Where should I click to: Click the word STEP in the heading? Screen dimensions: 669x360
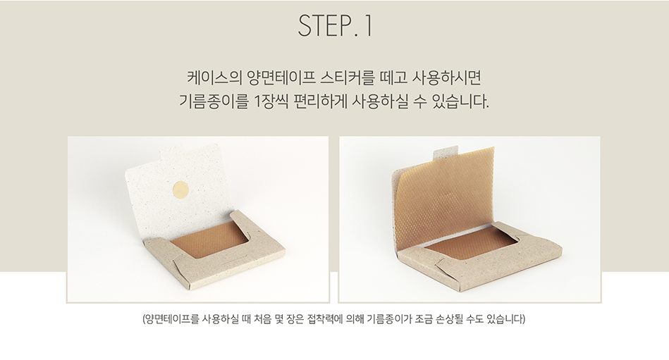click(x=324, y=25)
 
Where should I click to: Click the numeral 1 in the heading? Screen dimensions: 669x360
click(x=369, y=25)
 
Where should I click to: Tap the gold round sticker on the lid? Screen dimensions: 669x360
click(x=180, y=190)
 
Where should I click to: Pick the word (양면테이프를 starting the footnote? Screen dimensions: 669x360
click(x=171, y=318)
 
